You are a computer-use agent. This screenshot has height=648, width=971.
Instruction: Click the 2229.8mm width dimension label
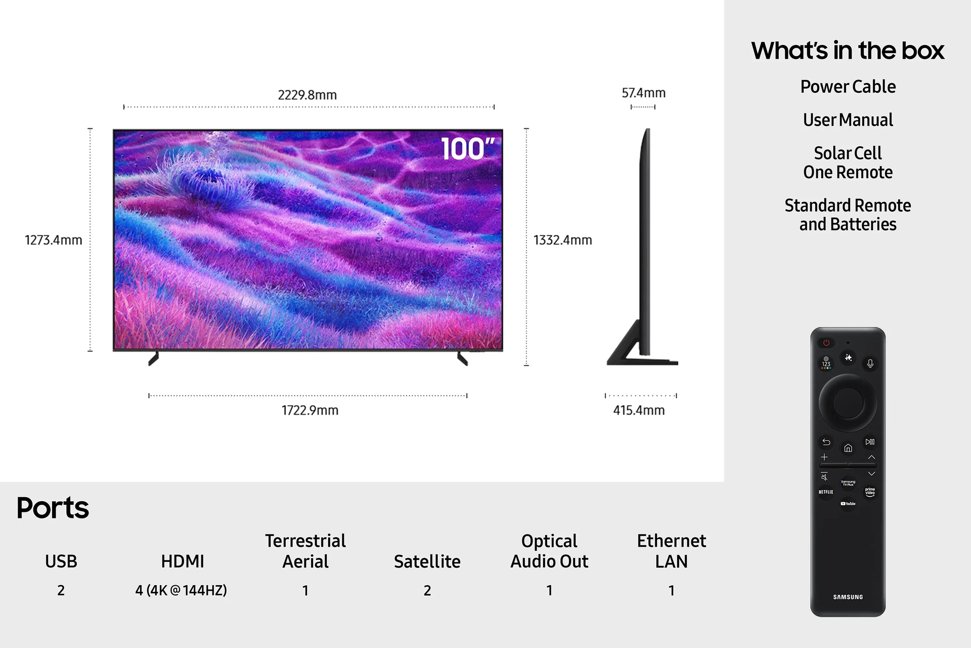307,95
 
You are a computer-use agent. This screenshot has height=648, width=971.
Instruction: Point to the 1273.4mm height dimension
54,240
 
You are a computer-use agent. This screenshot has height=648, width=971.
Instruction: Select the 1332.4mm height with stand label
562,240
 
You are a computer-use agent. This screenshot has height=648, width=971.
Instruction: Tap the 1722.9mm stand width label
310,410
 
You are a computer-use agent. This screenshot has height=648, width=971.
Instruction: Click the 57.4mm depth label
643,93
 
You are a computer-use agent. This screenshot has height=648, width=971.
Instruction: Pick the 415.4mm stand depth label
639,410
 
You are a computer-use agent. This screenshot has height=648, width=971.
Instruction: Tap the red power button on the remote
826,343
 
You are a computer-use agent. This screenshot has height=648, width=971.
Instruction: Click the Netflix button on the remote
826,492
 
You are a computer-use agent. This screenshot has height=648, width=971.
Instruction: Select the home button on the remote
848,448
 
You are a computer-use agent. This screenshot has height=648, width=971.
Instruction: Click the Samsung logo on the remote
848,597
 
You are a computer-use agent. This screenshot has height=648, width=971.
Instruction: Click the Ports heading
53,508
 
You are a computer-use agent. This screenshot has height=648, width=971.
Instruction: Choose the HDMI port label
182,561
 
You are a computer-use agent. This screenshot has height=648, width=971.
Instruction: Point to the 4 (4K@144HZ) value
181,590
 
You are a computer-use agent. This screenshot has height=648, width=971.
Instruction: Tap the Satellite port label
427,561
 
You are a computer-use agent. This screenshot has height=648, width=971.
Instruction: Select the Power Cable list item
848,87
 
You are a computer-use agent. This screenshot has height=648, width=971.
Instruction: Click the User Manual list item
848,120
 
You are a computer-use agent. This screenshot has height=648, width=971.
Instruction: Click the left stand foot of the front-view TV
153,358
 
